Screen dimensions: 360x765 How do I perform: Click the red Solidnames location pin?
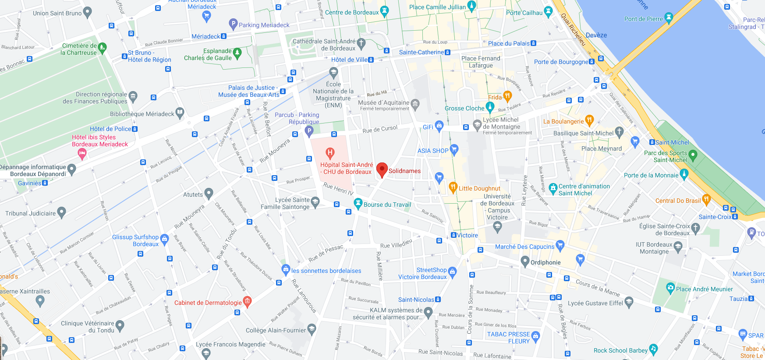pyautogui.click(x=382, y=169)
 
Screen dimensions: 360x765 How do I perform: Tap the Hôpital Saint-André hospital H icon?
pyautogui.click(x=330, y=153)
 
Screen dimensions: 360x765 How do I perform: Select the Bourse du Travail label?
pyautogui.click(x=387, y=205)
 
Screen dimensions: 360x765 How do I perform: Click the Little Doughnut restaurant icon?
pyautogui.click(x=453, y=188)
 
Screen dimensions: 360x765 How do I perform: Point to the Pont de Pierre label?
pyautogui.click(x=643, y=19)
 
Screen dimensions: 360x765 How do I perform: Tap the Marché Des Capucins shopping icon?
pyautogui.click(x=560, y=245)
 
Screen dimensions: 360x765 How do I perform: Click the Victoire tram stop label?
pyautogui.click(x=467, y=235)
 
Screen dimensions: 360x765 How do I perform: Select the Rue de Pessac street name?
pyautogui.click(x=326, y=254)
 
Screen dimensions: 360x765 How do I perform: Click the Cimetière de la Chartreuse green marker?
pyautogui.click(x=103, y=47)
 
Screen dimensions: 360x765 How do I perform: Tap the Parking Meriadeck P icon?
pyautogui.click(x=233, y=24)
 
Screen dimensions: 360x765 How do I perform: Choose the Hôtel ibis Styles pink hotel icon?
pyautogui.click(x=82, y=153)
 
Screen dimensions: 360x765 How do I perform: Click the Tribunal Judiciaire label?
pyautogui.click(x=31, y=213)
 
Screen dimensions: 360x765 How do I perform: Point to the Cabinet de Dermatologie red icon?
pyautogui.click(x=247, y=301)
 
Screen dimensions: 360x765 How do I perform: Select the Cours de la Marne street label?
pyautogui.click(x=598, y=287)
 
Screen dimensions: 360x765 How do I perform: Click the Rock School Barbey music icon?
pyautogui.click(x=653, y=349)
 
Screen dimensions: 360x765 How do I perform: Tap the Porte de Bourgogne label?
pyautogui.click(x=561, y=62)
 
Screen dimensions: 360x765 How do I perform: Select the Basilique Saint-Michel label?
pyautogui.click(x=583, y=133)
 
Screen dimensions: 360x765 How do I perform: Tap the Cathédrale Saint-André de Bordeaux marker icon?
pyautogui.click(x=361, y=43)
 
